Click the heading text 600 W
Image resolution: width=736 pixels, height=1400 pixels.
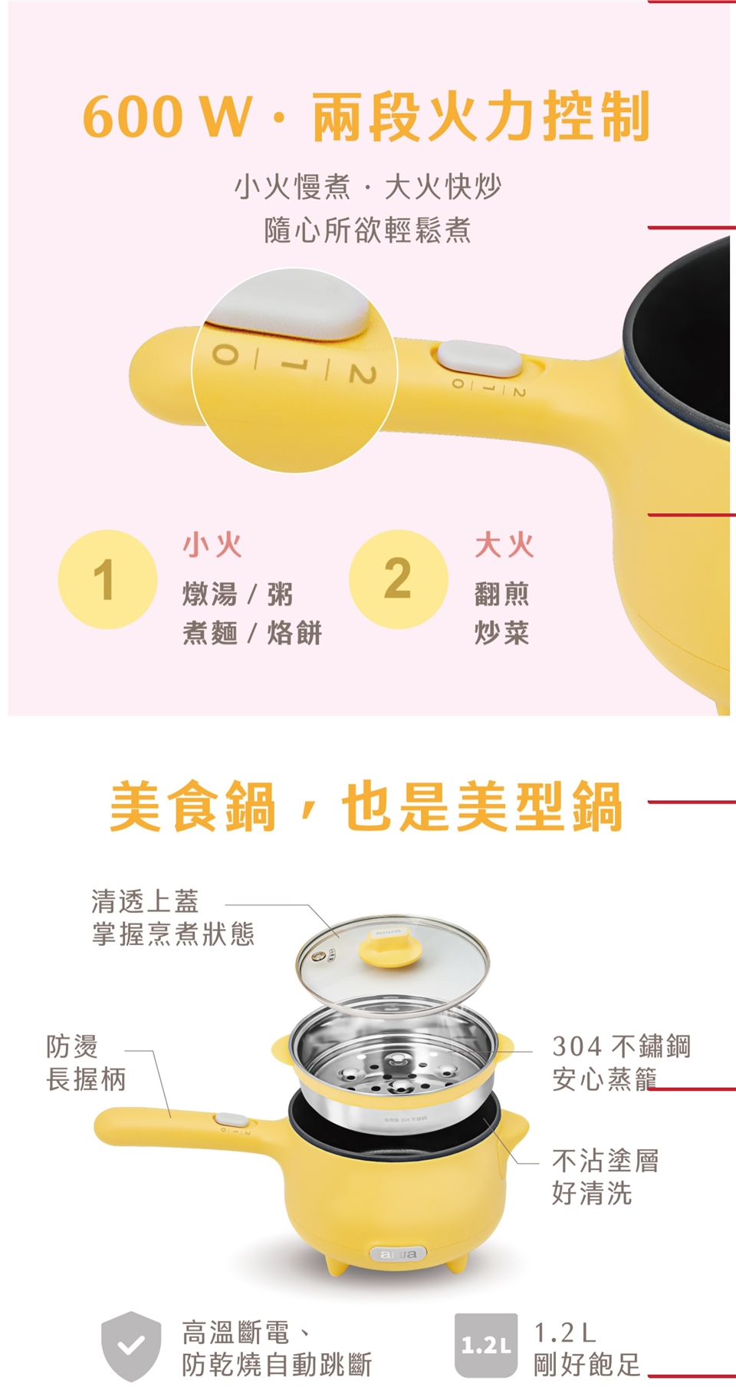[166, 117]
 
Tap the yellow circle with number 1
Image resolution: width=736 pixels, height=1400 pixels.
[107, 579]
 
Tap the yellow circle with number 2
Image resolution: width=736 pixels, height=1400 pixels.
[399, 579]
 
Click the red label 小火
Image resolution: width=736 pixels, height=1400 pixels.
[212, 545]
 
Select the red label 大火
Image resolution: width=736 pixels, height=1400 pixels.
[504, 545]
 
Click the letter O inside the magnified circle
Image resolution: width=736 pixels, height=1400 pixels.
[225, 354]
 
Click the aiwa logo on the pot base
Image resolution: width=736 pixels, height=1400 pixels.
[398, 1253]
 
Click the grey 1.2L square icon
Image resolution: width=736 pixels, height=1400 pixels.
[486, 1345]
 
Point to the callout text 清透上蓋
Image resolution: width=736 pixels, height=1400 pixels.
[145, 901]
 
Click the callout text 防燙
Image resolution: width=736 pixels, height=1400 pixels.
[72, 1046]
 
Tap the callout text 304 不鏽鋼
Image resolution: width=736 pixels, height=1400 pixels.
[622, 1046]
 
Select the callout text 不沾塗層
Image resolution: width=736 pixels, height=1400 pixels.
[606, 1161]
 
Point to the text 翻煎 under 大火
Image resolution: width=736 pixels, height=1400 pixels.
[502, 594]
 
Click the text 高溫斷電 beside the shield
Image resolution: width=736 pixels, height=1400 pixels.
[236, 1332]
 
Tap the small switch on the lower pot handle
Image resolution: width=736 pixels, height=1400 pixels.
[231, 1120]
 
